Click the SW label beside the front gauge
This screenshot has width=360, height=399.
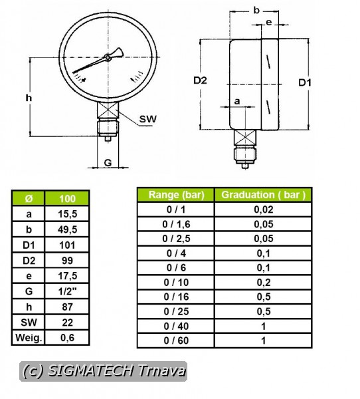click(x=148, y=119)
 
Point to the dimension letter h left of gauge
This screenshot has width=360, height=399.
click(x=29, y=98)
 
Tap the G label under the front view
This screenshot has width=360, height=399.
click(x=108, y=163)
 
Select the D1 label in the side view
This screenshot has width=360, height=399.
click(x=305, y=82)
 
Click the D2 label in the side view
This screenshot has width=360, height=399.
click(x=200, y=80)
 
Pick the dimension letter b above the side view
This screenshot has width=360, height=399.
click(x=256, y=10)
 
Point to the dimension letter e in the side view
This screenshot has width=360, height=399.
click(x=269, y=23)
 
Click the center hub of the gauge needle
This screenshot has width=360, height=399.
click(x=108, y=57)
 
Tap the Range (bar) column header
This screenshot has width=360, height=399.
click(x=176, y=195)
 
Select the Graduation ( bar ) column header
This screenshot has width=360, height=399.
click(x=264, y=195)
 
